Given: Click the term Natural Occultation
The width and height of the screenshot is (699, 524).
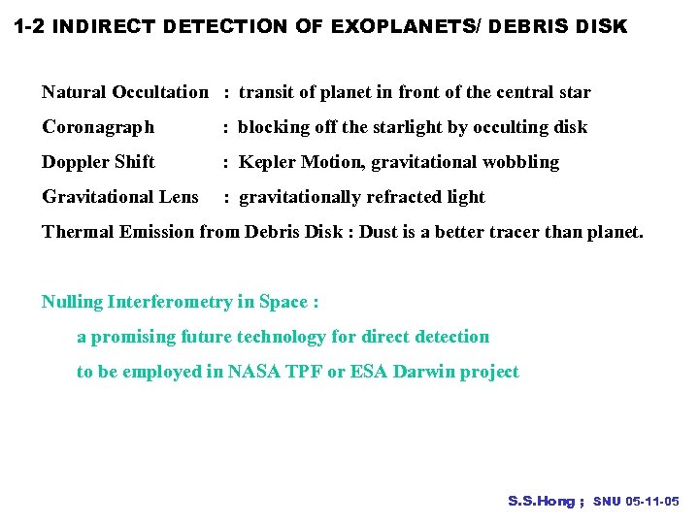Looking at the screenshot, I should (124, 93).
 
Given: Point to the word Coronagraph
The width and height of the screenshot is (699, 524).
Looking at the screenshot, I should (98, 127).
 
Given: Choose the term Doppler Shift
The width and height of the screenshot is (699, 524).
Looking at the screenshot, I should (98, 162).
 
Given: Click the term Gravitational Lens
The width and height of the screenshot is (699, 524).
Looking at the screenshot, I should (120, 197).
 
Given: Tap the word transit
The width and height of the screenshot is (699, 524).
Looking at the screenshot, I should (264, 93).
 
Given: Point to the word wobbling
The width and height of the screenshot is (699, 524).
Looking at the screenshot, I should (521, 162).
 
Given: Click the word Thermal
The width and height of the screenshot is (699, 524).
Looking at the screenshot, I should (75, 232).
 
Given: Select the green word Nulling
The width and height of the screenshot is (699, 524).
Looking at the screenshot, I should (72, 302).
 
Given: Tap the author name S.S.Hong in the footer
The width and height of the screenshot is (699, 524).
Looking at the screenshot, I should (542, 502).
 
